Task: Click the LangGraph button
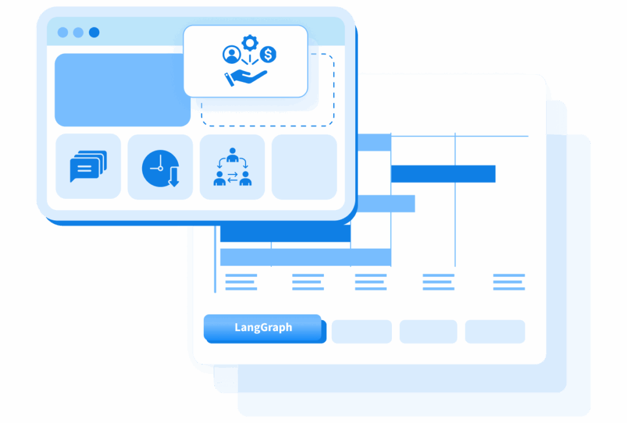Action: pyautogui.click(x=264, y=328)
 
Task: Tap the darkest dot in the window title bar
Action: pyautogui.click(x=94, y=32)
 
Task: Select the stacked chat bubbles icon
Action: pyautogui.click(x=88, y=166)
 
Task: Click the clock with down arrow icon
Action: pyautogui.click(x=160, y=168)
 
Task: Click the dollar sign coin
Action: pyautogui.click(x=268, y=54)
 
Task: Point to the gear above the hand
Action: pyautogui.click(x=250, y=43)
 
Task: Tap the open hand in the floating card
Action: pyautogui.click(x=246, y=78)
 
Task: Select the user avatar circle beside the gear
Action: pyautogui.click(x=231, y=54)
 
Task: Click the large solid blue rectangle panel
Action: pyautogui.click(x=122, y=90)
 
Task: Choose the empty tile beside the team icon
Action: pyautogui.click(x=304, y=167)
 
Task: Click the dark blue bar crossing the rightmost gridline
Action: pyautogui.click(x=443, y=174)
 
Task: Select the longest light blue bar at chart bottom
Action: pyautogui.click(x=306, y=257)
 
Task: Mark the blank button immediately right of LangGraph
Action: pyautogui.click(x=361, y=331)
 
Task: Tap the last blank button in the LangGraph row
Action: pyautogui.click(x=495, y=331)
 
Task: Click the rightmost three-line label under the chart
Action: pyautogui.click(x=509, y=282)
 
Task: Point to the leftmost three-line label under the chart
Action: pyautogui.click(x=241, y=282)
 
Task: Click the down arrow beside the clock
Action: pyautogui.click(x=174, y=177)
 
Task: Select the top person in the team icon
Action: pyautogui.click(x=232, y=155)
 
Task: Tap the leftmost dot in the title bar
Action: pyautogui.click(x=63, y=32)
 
